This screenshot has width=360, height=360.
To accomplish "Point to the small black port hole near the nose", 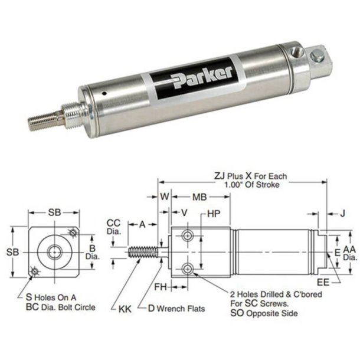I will pos(104,93).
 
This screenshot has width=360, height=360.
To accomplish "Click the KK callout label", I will pos(125,308).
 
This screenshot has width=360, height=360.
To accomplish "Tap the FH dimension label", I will pos(162,287).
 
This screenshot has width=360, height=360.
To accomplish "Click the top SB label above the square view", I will pos(54,211).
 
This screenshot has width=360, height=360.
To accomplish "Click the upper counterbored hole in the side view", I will pos(188,236).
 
